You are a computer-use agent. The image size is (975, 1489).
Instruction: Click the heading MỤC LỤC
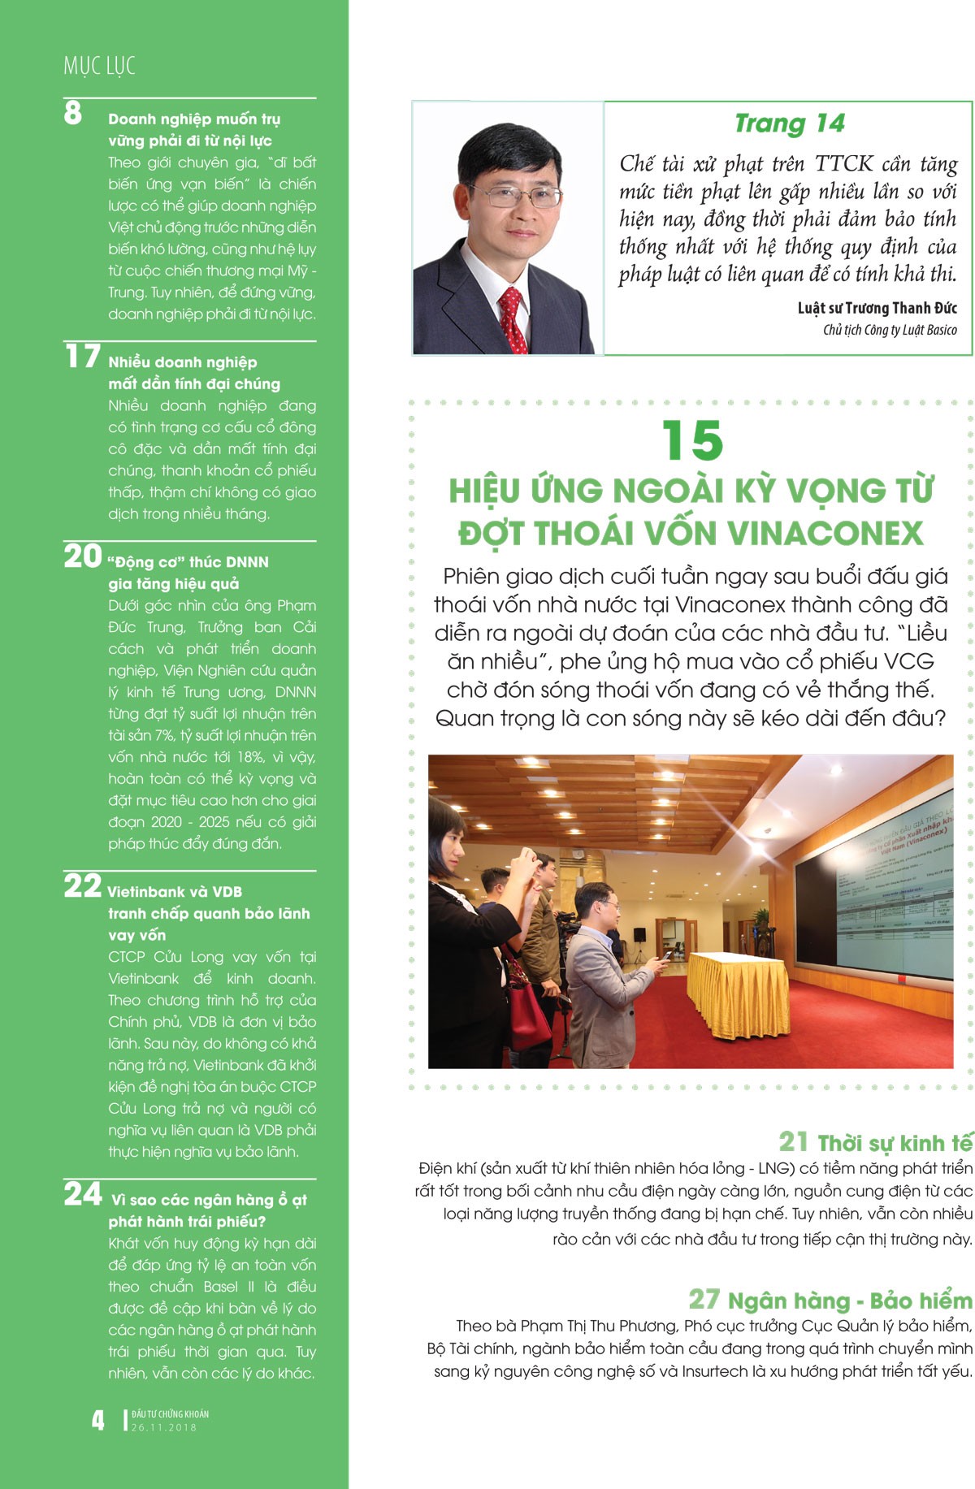coord(99,65)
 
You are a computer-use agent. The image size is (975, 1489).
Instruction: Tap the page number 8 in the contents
coord(73,113)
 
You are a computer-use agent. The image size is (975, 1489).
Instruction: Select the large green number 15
coord(691,441)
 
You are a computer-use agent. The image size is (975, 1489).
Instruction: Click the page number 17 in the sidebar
coord(82,357)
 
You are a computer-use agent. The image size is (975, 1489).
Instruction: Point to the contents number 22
coord(82,885)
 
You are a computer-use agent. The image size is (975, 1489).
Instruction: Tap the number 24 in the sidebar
coord(83,1194)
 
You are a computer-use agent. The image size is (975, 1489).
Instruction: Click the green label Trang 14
coord(789,123)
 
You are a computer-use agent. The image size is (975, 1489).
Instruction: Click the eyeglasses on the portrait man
coord(513,196)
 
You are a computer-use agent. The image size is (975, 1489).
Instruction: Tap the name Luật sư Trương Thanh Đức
coord(877,308)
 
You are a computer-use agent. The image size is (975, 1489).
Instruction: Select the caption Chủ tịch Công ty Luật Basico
coord(890,330)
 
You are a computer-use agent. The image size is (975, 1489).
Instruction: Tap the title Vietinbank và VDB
coord(175,891)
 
